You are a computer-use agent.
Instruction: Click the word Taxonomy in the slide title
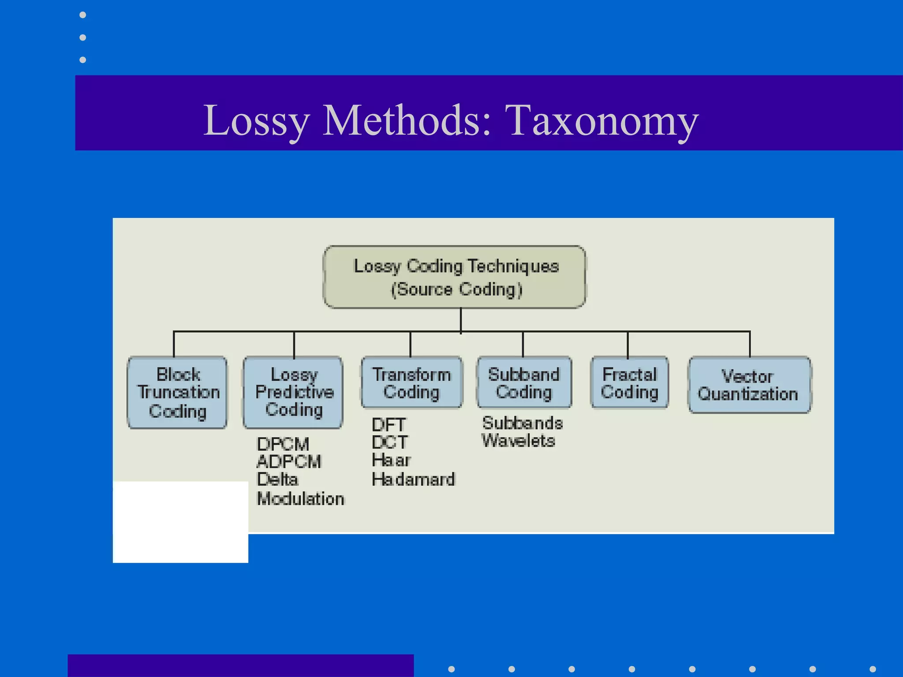[x=601, y=120]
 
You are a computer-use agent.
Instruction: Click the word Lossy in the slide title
[x=256, y=120]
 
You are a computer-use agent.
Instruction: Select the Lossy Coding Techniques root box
[x=455, y=277]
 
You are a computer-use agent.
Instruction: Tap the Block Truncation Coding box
[x=178, y=392]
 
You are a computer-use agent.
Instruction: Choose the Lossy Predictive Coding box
[x=293, y=392]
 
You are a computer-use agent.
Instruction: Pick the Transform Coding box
[x=411, y=383]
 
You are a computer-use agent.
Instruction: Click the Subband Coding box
[x=524, y=383]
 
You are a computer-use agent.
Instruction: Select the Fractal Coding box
[x=629, y=383]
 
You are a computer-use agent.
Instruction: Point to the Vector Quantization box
[x=749, y=385]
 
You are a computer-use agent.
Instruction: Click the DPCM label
[x=283, y=443]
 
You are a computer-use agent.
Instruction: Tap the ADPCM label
[x=289, y=461]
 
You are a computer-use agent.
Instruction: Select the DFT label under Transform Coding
[x=388, y=425]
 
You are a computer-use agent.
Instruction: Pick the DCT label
[x=390, y=442]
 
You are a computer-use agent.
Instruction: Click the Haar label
[x=391, y=460]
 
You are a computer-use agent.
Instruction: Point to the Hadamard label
[x=413, y=479]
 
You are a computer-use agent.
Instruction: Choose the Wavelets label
[x=518, y=441]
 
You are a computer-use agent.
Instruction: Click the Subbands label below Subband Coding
[x=522, y=423]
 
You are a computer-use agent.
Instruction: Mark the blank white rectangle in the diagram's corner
[x=180, y=522]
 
